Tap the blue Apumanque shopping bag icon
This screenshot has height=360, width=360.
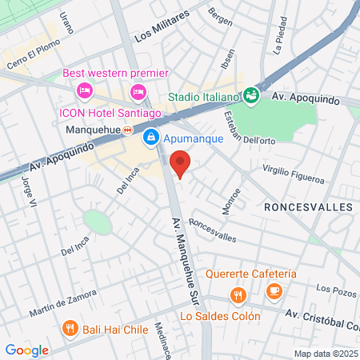pyautogui.click(x=150, y=138)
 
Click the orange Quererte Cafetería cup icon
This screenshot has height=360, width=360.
pyautogui.click(x=274, y=290)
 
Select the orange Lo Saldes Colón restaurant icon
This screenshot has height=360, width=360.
pyautogui.click(x=237, y=297)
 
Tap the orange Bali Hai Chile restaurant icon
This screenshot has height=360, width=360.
pyautogui.click(x=70, y=328)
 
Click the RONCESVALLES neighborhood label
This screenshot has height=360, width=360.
pyautogui.click(x=308, y=206)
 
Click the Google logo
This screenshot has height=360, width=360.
pyautogui.click(x=26, y=350)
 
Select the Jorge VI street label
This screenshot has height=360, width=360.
pyautogui.click(x=30, y=193)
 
